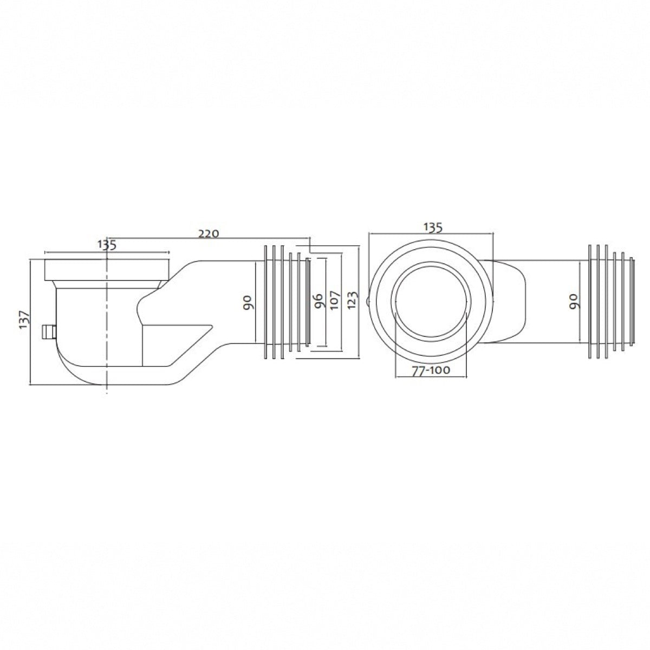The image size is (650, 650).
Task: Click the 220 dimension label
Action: pyautogui.click(x=209, y=233)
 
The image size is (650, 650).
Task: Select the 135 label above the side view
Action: pyautogui.click(x=107, y=245)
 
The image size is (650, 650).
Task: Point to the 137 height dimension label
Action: pyautogui.click(x=24, y=320)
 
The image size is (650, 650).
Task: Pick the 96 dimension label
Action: pyautogui.click(x=318, y=300)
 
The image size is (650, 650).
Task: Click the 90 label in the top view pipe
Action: pyautogui.click(x=574, y=302)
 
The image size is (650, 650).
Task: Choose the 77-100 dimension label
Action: pyautogui.click(x=431, y=370)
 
